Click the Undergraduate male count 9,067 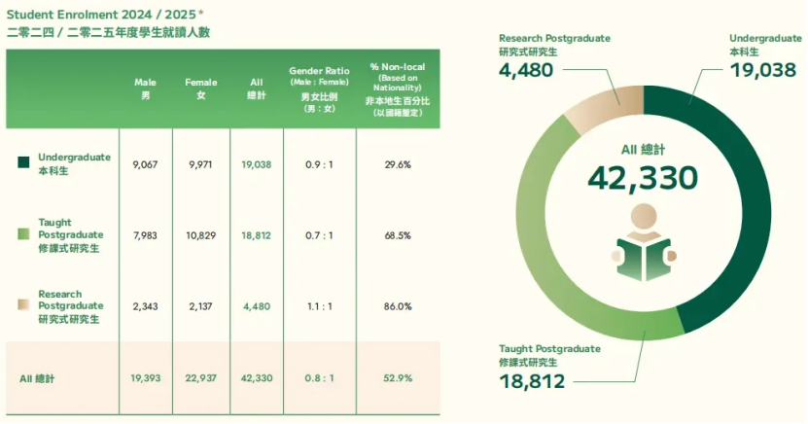click(145, 164)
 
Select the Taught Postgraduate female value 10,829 click(201, 234)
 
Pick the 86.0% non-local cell click(398, 305)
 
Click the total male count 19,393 click(145, 377)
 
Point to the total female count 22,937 click(201, 377)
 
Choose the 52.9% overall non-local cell click(398, 377)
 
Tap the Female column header click(201, 88)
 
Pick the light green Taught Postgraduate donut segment click(545, 253)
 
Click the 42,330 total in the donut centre click(643, 178)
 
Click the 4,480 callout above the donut click(525, 70)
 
